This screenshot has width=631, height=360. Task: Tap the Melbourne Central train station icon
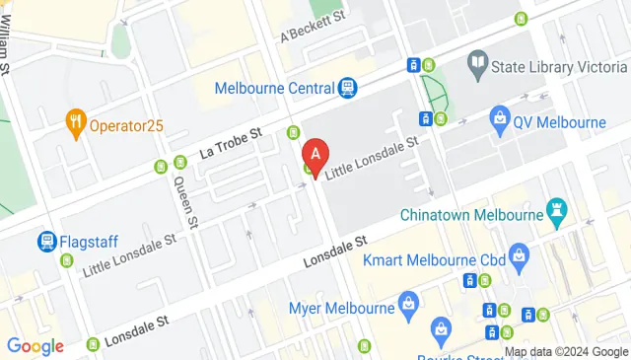click(x=347, y=89)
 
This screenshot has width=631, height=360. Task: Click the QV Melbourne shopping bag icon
click(x=500, y=122)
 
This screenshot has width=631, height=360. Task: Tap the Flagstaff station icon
click(x=46, y=241)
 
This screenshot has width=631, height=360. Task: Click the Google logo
click(x=35, y=345)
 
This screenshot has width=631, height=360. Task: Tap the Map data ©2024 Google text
click(x=566, y=351)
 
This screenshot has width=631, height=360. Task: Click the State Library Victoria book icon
click(x=478, y=65)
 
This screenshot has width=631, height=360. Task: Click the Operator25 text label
click(x=126, y=125)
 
